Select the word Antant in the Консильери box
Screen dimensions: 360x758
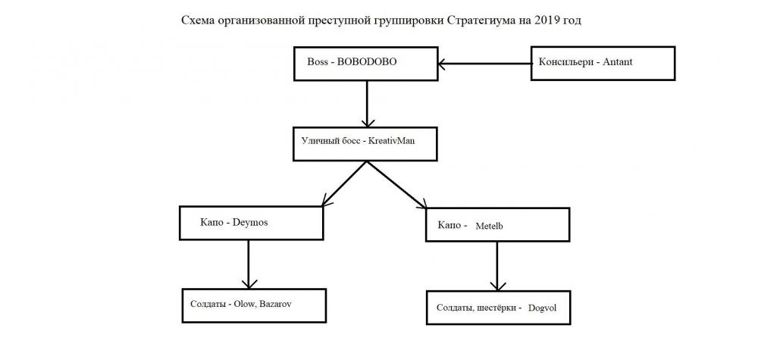(x=617, y=62)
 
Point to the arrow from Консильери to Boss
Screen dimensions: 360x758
(x=485, y=64)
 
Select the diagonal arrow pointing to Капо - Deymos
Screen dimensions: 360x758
(x=346, y=182)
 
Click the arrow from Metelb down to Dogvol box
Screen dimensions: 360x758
(x=496, y=265)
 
